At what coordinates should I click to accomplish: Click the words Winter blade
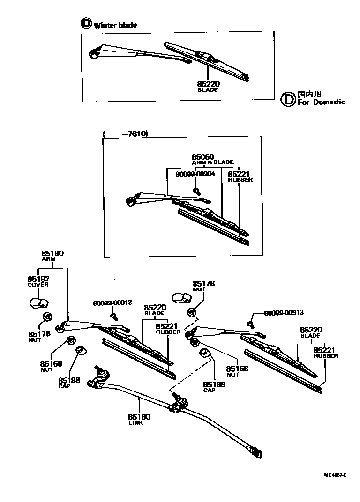click(x=115, y=25)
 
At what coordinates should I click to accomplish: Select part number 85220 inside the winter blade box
click(x=208, y=84)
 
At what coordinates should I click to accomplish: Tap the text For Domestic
click(x=321, y=102)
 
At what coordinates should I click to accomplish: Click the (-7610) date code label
click(x=126, y=133)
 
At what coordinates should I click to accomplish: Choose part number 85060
click(x=203, y=157)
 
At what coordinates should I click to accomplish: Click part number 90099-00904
click(x=195, y=173)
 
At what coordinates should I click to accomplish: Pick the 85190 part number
click(x=52, y=253)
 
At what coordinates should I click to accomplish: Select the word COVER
click(x=38, y=285)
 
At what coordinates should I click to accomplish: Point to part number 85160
click(x=139, y=416)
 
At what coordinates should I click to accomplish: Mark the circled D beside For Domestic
click(x=287, y=98)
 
